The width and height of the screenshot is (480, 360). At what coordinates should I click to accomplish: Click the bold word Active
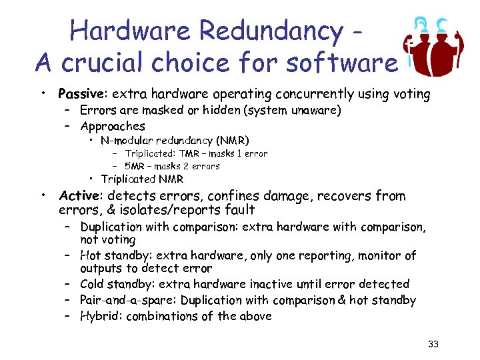click(79, 196)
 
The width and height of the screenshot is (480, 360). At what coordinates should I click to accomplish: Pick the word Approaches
click(113, 125)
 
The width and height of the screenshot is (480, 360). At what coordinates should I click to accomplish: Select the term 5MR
click(137, 166)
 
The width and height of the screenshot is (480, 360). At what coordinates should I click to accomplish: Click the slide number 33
click(433, 344)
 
